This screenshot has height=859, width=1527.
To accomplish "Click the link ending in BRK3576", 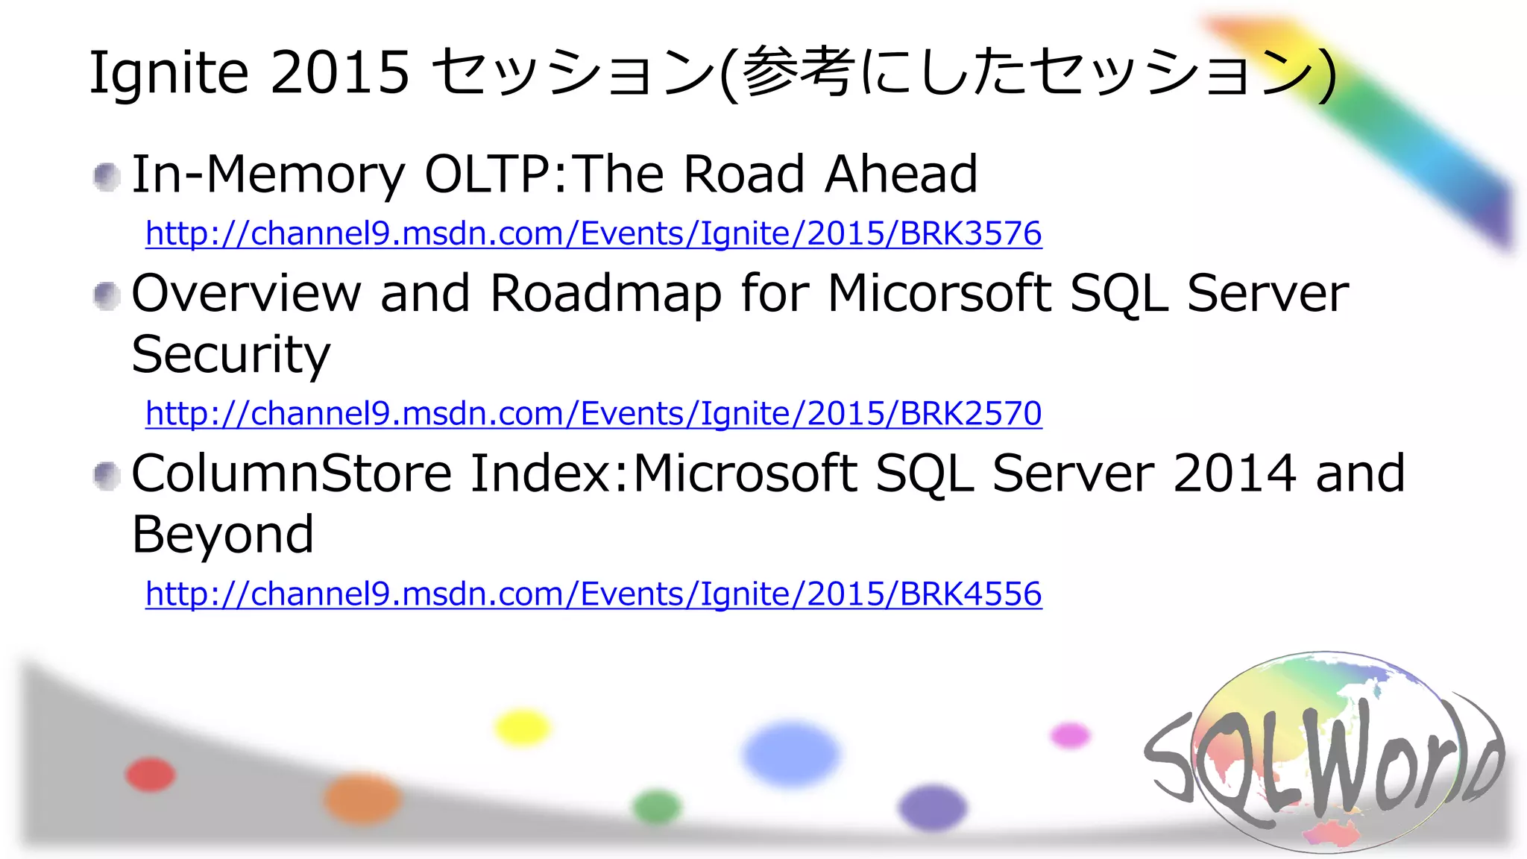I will click(x=594, y=233).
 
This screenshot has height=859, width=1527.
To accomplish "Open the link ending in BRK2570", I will click(x=594, y=413).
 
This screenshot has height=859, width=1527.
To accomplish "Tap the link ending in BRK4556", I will click(x=594, y=594).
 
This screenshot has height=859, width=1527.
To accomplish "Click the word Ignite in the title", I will click(x=169, y=73).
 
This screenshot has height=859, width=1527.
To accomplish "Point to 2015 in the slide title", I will click(x=340, y=73).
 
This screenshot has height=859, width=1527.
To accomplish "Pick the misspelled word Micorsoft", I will click(x=939, y=293).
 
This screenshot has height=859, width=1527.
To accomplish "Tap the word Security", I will click(x=230, y=355).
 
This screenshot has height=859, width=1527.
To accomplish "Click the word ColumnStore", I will click(x=292, y=474).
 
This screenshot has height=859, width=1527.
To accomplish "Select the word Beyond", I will click(x=222, y=535).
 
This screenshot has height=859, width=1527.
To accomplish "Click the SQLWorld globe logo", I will click(x=1323, y=753).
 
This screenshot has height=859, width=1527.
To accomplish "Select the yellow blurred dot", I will click(x=523, y=728).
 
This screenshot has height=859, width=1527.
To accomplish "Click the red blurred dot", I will click(x=151, y=774).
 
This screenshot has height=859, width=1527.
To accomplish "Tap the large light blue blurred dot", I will click(x=790, y=753).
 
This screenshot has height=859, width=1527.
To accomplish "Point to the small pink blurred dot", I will click(x=1070, y=735).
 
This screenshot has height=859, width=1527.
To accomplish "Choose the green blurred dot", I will click(x=656, y=807).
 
